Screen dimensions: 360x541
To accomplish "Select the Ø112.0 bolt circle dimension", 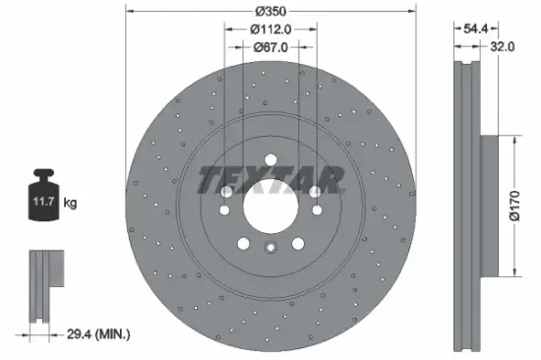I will [x=270, y=29].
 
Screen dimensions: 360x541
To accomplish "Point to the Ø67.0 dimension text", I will [x=270, y=45].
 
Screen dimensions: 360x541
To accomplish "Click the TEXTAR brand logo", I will [x=271, y=179].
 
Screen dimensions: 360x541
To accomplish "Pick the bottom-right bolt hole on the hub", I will [x=298, y=245].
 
